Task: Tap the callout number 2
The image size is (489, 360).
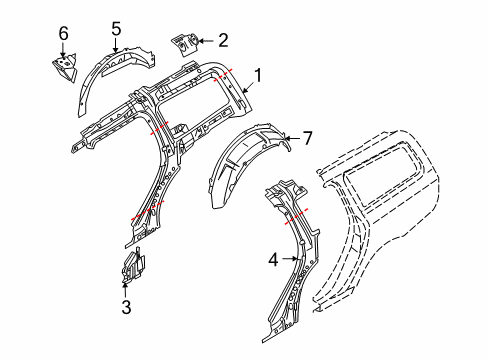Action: click(223, 41)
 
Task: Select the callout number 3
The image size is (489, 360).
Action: click(126, 309)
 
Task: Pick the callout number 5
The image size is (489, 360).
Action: click(115, 29)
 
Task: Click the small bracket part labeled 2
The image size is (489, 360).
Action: click(185, 45)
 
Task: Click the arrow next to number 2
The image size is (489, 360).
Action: click(205, 41)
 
